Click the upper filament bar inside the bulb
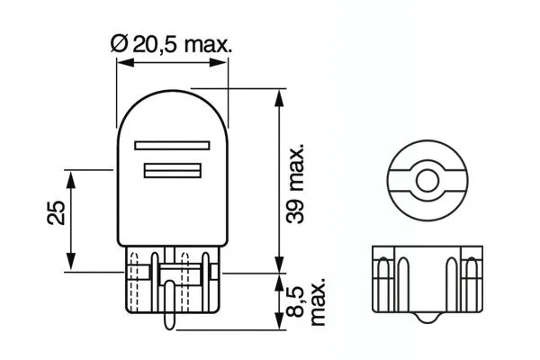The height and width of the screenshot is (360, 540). [x=171, y=144]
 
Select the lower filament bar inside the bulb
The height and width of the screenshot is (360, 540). [x=171, y=170]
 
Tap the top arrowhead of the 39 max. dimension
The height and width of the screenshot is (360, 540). [x=278, y=94]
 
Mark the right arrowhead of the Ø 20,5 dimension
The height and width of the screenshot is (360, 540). [x=225, y=63]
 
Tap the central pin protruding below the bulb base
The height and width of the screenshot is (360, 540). [x=169, y=310]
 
